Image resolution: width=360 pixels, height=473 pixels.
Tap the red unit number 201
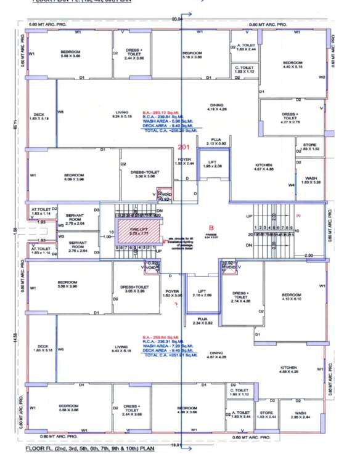(x=184, y=147)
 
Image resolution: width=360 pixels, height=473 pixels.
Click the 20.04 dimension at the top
(x=178, y=20)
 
